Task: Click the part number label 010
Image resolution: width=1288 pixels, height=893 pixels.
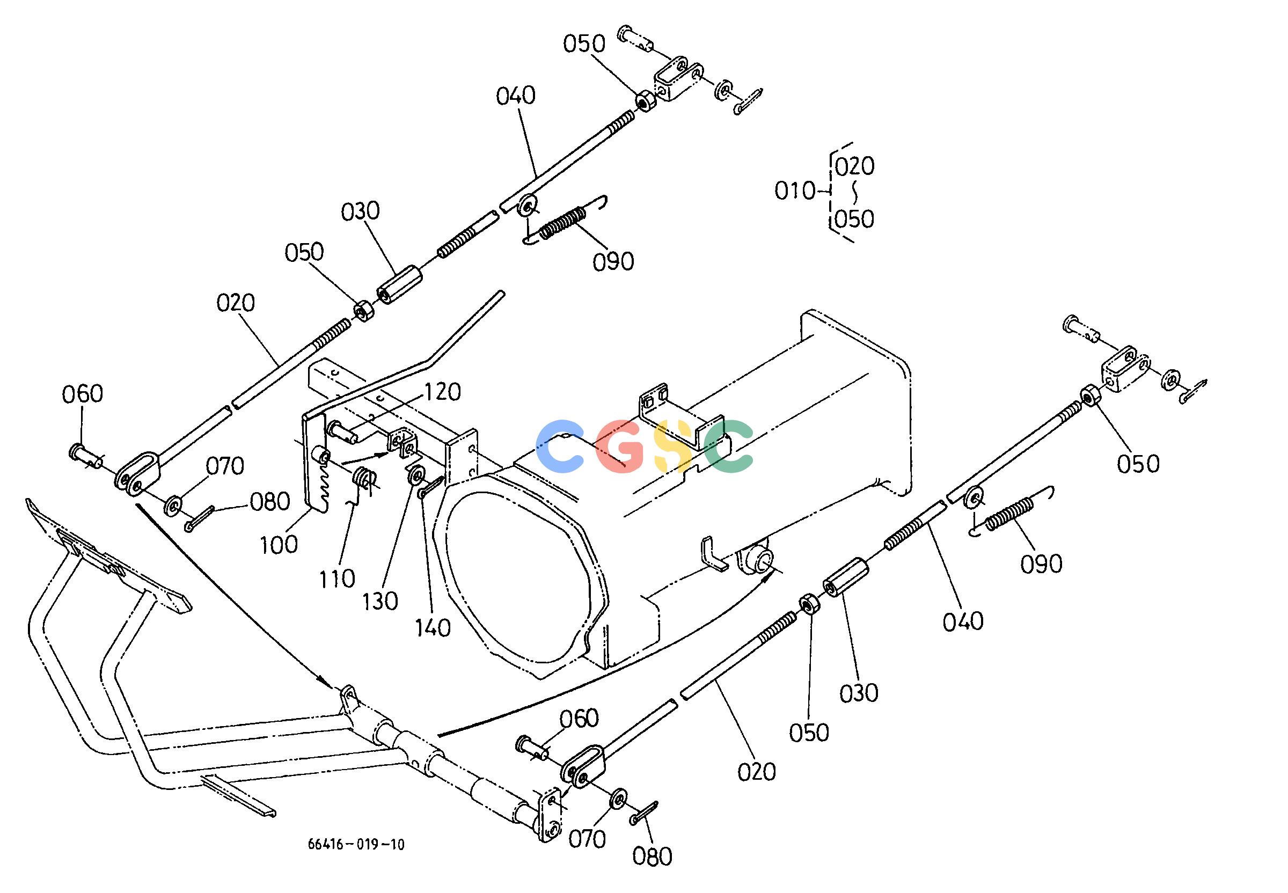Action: tap(795, 192)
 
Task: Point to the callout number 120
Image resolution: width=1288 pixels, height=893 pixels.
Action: tap(442, 392)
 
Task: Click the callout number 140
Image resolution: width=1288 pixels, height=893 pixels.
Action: tap(433, 628)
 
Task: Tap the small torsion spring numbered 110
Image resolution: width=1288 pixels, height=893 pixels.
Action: tap(364, 482)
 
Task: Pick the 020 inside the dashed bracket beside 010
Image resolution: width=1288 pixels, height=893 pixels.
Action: tap(854, 166)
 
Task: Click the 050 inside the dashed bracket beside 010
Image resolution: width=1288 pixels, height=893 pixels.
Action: tap(854, 219)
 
